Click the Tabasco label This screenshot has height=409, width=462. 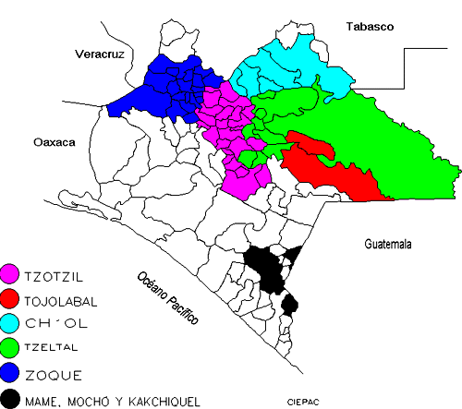[371, 27]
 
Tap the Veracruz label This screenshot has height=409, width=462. [99, 54]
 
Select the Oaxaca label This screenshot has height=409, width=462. [53, 143]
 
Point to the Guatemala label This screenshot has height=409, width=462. [384, 244]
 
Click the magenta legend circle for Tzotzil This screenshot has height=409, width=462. [11, 274]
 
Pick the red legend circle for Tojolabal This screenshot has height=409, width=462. [11, 299]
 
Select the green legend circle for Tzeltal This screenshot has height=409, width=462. [11, 349]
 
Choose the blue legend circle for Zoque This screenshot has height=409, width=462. [11, 374]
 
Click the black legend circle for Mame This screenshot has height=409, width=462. [11, 399]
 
